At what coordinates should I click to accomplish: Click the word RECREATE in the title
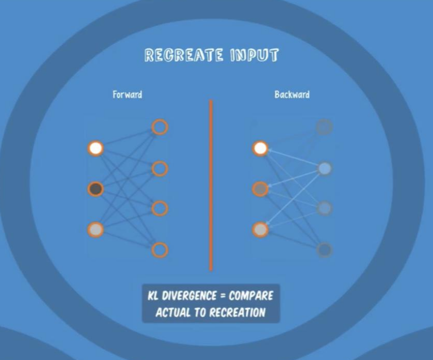(184, 55)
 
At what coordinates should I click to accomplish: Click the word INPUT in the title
(254, 55)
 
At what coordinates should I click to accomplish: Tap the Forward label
(127, 95)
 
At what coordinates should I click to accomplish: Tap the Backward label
(292, 95)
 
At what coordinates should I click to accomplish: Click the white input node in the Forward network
(95, 149)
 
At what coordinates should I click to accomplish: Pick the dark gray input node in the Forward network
(95, 189)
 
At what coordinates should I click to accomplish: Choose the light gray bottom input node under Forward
(95, 229)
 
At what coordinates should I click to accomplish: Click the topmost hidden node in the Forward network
(160, 127)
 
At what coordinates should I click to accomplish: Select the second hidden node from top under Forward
(160, 168)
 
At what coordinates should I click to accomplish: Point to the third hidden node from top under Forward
(160, 209)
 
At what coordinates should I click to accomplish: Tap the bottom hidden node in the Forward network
(160, 250)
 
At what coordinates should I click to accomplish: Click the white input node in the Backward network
(261, 149)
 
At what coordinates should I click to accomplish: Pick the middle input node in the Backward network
(261, 189)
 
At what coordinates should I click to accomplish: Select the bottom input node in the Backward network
(261, 229)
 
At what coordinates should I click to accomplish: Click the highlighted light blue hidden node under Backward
(325, 168)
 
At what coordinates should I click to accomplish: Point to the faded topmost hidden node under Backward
(325, 127)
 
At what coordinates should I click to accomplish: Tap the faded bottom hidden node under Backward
(325, 250)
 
